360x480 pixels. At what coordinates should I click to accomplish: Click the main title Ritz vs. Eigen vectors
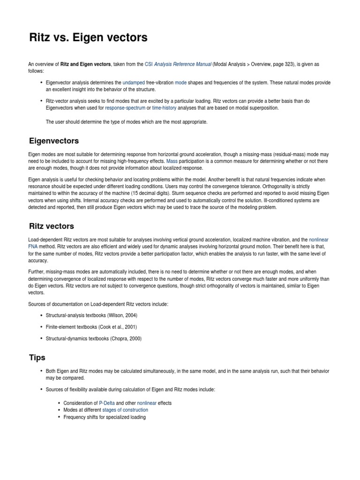[88, 37]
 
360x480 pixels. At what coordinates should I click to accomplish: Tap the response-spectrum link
[125, 108]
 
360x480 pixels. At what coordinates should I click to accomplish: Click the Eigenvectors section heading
[54, 141]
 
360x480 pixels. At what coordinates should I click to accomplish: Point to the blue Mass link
[172, 161]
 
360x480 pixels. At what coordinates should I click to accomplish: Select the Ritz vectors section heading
[52, 226]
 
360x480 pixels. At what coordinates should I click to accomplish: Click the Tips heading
[37, 358]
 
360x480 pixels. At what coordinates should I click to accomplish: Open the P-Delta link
[107, 403]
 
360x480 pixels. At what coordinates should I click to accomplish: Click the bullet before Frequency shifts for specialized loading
[59, 417]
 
